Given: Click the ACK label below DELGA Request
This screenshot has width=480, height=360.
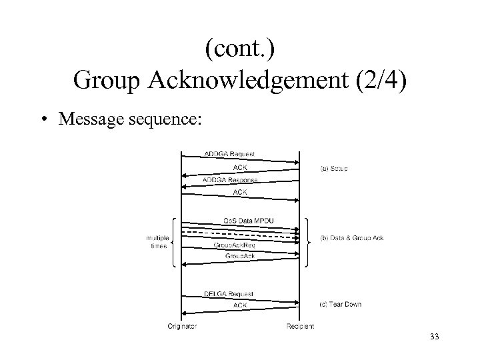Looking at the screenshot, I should tap(240, 305).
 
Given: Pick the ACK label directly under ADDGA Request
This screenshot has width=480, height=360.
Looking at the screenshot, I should tap(240, 167).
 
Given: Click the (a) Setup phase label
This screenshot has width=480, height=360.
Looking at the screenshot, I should tap(334, 169).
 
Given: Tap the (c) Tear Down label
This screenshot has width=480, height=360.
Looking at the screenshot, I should tap(341, 305).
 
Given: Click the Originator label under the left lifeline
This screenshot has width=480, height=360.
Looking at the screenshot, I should tap(182, 327).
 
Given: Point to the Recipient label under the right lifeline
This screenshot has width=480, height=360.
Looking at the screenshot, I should tap(300, 327).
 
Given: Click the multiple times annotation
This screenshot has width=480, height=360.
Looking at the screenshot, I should tap(158, 241).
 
